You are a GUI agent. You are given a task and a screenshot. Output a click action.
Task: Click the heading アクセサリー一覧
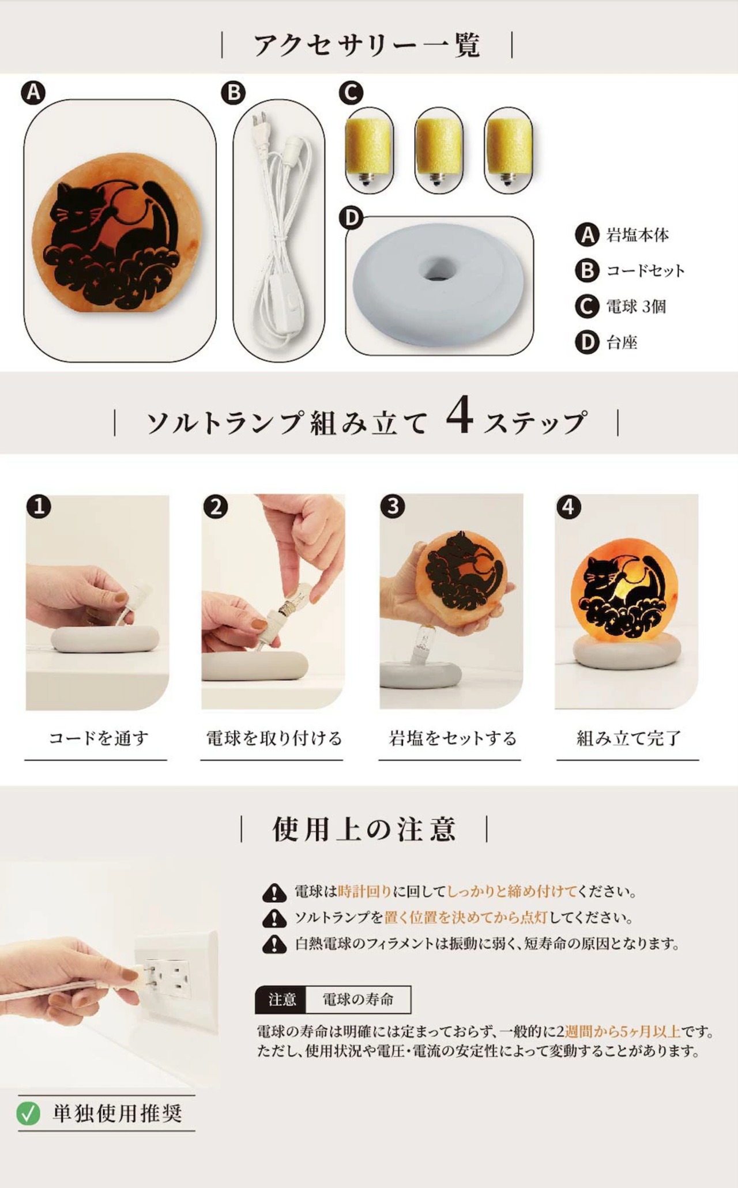[367, 45]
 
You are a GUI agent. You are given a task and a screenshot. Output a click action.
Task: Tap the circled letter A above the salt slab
[33, 92]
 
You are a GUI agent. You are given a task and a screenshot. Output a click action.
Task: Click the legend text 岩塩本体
[637, 235]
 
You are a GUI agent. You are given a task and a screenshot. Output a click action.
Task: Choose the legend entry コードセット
[645, 270]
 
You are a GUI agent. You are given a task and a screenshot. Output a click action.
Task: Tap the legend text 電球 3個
[636, 306]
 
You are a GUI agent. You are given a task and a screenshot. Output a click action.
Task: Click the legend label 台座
[622, 342]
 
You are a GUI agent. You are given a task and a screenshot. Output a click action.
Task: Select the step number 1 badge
[39, 507]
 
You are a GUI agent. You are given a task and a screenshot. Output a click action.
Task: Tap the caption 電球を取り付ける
[274, 738]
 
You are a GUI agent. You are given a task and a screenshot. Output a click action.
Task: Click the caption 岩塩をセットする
[452, 738]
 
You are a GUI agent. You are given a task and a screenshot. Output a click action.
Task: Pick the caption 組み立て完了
[628, 738]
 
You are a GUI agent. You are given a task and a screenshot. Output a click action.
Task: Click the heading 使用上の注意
[364, 829]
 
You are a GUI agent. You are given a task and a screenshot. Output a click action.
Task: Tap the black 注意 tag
[281, 999]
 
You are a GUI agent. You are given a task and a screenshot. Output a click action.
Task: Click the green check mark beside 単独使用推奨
[28, 1113]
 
